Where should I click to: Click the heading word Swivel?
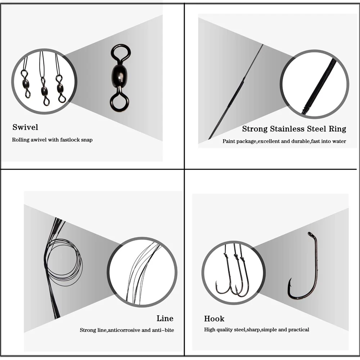point(25,127)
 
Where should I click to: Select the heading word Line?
point(165,318)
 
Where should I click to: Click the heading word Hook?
point(214,319)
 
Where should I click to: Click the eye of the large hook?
point(311,234)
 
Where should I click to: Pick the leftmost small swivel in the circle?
point(26,83)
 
